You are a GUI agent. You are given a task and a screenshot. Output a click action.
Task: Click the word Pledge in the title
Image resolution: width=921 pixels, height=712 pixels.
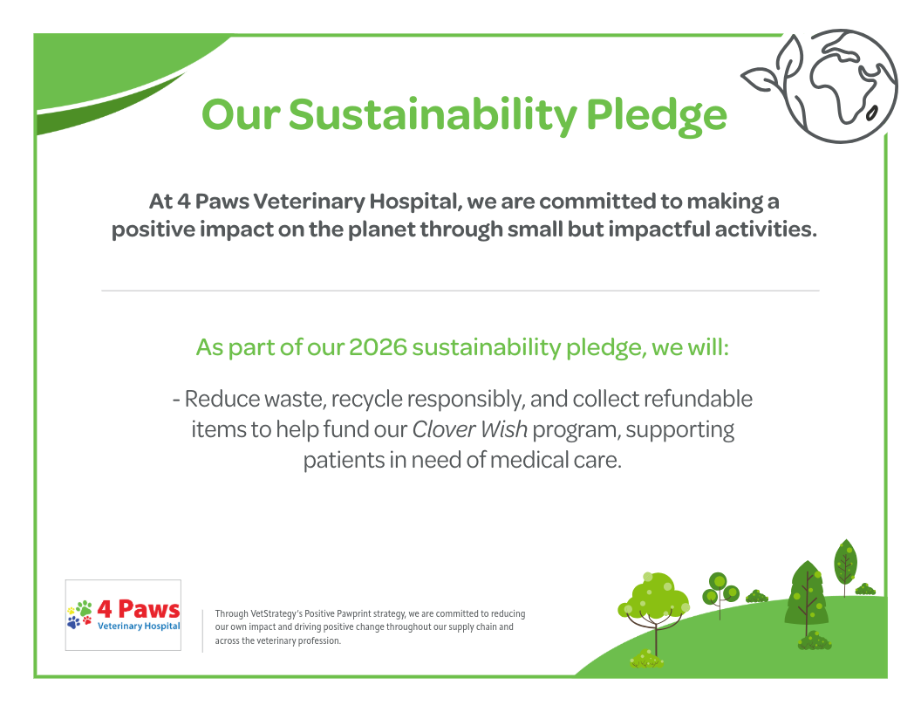(656, 115)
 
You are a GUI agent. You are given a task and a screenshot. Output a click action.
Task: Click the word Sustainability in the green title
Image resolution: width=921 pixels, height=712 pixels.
(433, 115)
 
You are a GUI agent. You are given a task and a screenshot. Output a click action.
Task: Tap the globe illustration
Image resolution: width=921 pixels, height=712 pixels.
(841, 86)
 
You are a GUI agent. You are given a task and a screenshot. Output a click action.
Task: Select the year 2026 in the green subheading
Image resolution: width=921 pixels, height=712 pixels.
(378, 347)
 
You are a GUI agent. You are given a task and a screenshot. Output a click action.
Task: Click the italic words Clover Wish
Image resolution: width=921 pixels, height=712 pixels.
(470, 429)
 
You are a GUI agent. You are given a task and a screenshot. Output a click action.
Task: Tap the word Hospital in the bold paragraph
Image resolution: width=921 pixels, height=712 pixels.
(413, 202)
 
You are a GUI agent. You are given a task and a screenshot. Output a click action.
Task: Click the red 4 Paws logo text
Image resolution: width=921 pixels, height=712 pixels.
(139, 609)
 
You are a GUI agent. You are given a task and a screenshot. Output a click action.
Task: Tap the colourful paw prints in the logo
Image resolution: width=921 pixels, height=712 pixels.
(80, 614)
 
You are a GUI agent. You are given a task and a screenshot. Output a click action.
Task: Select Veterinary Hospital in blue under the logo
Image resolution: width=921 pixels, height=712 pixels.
(139, 626)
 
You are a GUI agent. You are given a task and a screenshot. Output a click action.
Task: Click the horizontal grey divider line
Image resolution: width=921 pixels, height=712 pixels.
(460, 291)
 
